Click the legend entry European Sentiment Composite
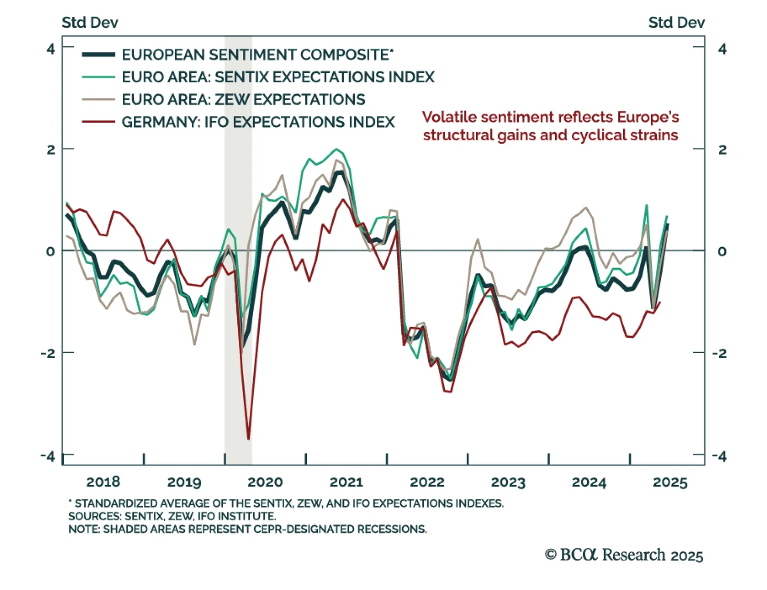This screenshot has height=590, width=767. click(x=257, y=55)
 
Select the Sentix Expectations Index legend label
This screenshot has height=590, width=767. click(x=278, y=77)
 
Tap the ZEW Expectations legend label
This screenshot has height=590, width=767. click(x=243, y=100)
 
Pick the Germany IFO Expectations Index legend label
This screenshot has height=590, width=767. click(x=258, y=122)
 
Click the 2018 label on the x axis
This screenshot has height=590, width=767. click(x=103, y=482)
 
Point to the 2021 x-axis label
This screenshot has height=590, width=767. click(x=346, y=482)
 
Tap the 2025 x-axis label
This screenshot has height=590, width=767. click(x=670, y=482)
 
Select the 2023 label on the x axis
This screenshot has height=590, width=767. click(x=508, y=482)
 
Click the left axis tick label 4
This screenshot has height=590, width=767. click(x=51, y=49)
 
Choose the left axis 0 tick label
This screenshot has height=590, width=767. click(x=51, y=251)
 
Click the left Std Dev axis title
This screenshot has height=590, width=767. click(x=90, y=23)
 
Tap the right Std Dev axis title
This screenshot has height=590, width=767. click(x=676, y=23)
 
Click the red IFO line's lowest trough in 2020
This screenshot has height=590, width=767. click(x=248, y=438)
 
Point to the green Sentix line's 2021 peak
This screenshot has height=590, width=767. click(x=336, y=149)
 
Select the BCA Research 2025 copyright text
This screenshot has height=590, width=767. click(x=624, y=555)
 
